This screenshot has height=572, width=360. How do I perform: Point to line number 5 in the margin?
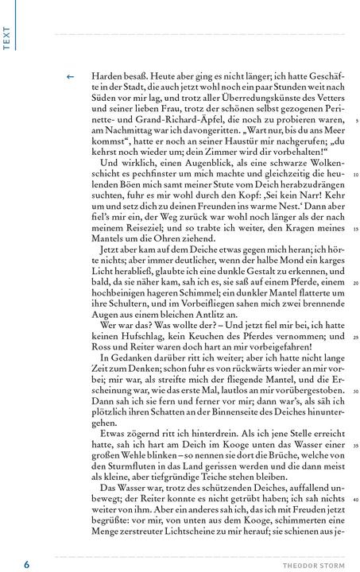(x=357, y=121)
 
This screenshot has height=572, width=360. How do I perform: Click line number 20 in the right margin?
(x=356, y=283)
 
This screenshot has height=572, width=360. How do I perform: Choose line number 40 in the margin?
(x=356, y=499)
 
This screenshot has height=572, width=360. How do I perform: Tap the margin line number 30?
(x=356, y=391)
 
